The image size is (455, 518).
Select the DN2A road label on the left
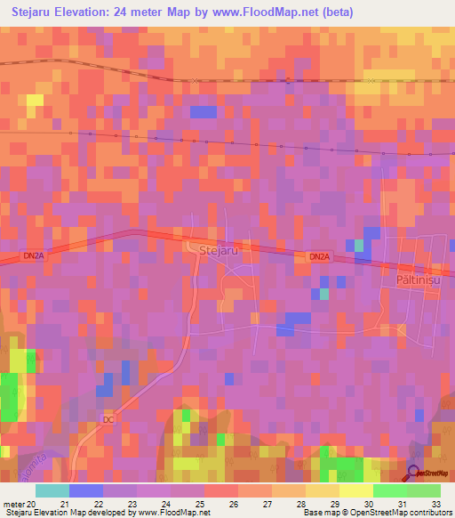pyautogui.click(x=34, y=255)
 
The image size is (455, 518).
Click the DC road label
pyautogui.click(x=109, y=419)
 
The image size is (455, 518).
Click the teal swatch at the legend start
pyautogui.click(x=52, y=490)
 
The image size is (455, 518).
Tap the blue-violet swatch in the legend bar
pyautogui.click(x=86, y=490)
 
